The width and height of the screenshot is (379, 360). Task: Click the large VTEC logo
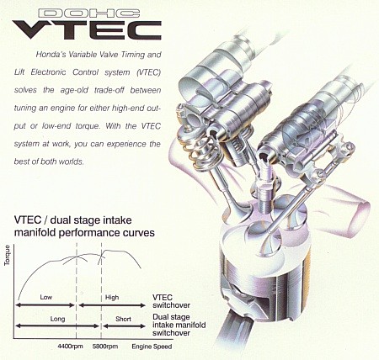tap(87, 30)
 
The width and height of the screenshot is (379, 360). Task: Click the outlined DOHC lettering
tap(88, 13)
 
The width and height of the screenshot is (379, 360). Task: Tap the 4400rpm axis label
tap(70, 347)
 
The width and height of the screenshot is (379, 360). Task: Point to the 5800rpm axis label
tap(105, 347)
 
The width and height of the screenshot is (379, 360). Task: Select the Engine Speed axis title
tap(152, 347)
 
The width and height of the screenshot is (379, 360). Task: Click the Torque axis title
tap(7, 255)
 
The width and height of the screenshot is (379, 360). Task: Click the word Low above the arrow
tap(46, 297)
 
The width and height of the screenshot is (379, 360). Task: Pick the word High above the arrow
tap(112, 298)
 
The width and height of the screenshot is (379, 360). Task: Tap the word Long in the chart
tap(57, 319)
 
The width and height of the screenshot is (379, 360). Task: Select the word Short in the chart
tap(123, 319)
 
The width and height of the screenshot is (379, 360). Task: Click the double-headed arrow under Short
tap(124, 326)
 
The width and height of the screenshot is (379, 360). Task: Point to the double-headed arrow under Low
tap(45, 305)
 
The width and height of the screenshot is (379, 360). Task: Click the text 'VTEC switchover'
tap(171, 301)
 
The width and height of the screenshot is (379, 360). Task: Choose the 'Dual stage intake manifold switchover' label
tap(179, 325)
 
